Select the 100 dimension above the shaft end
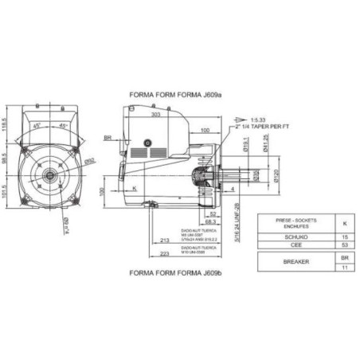point(205,129)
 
